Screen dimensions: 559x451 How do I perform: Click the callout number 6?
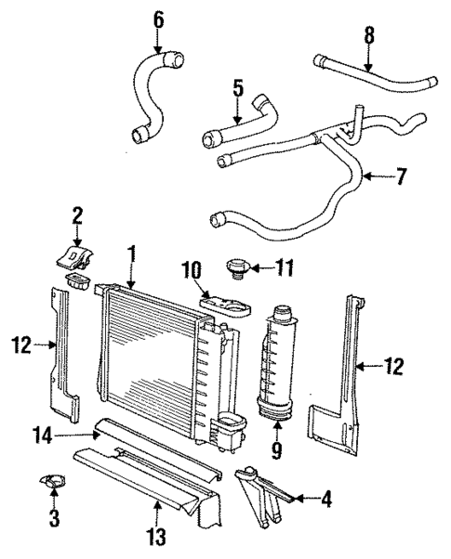[x=157, y=19]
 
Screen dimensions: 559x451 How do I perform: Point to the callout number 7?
[x=401, y=175]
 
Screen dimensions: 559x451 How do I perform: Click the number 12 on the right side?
[x=395, y=368]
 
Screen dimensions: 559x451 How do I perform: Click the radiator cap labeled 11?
[x=236, y=270]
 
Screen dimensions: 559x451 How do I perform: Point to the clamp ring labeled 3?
[x=52, y=482]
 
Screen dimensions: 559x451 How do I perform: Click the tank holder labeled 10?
[x=227, y=305]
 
